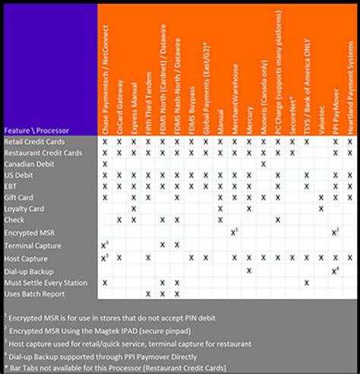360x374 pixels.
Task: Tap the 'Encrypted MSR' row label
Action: click(30, 232)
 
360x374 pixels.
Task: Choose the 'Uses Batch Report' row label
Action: click(35, 293)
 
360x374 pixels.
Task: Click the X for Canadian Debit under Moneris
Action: click(263, 163)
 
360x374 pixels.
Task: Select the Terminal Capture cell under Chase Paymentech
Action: click(105, 244)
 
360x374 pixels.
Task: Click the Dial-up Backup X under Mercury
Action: click(249, 270)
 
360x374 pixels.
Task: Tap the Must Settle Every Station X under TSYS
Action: click(306, 282)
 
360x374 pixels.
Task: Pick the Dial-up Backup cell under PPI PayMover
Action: click(335, 270)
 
